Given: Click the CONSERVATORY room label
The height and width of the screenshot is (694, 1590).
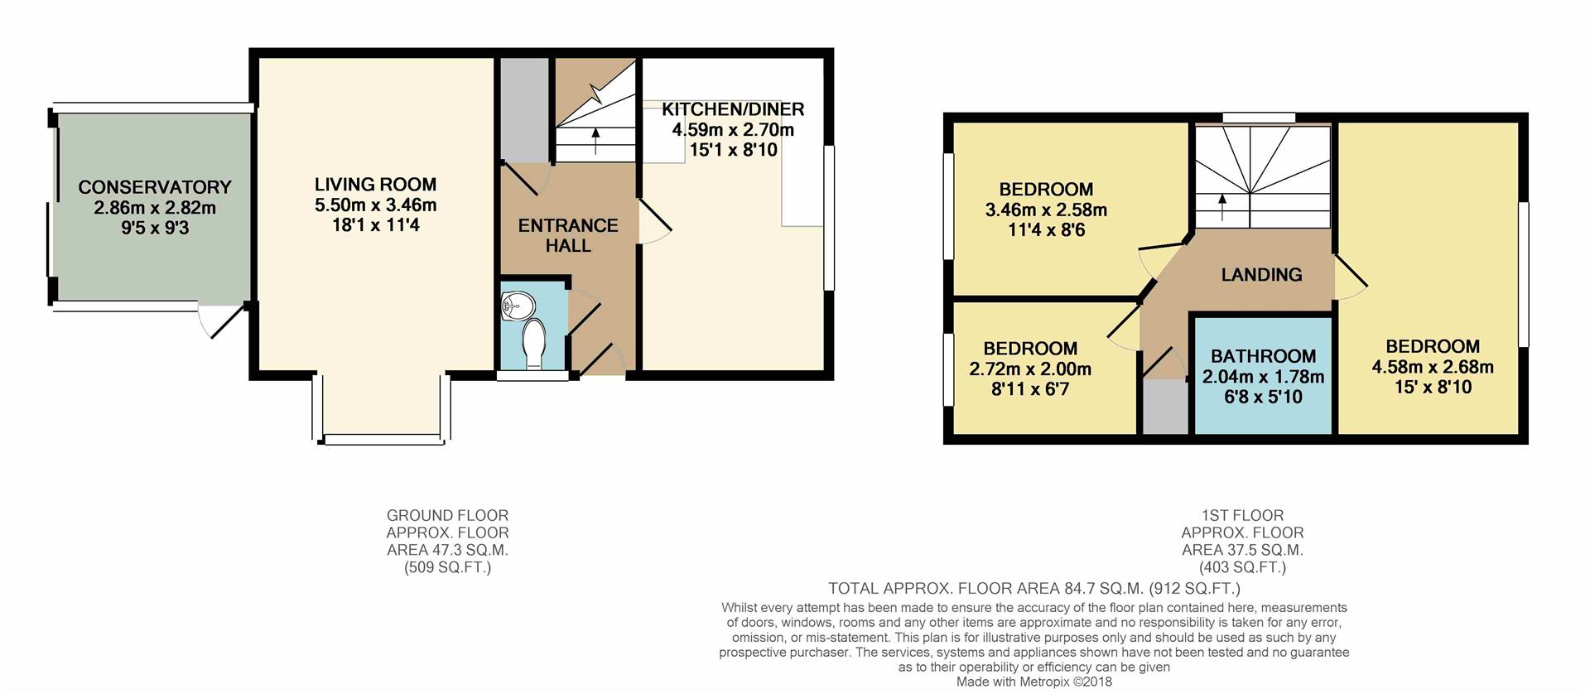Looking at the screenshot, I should coord(154,187).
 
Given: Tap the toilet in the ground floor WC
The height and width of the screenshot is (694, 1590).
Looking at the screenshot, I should coord(534,343).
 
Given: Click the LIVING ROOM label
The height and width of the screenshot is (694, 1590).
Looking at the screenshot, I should coord(375,185).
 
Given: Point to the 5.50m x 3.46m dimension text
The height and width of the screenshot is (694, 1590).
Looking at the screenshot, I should coord(375,205).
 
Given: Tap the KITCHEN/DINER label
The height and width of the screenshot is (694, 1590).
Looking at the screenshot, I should coord(733,109).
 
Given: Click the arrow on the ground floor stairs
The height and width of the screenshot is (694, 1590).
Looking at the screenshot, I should coord(595,141).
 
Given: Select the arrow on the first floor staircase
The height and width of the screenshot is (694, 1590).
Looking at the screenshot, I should coord(1222,207).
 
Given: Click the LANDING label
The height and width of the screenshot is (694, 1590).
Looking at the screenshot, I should coord(1261,275).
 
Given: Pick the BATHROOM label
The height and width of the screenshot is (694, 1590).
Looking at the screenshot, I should coord(1263,356).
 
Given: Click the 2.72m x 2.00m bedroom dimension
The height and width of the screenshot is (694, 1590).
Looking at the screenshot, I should coord(1030,369).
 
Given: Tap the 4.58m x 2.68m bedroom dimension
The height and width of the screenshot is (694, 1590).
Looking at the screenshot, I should coord(1433,367).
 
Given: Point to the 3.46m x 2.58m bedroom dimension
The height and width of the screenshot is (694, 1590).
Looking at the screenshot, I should coord(1046,210).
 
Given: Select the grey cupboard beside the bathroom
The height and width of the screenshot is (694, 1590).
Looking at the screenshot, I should coord(1165,406).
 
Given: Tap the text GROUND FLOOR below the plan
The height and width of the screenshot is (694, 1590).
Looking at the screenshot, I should coord(447,515).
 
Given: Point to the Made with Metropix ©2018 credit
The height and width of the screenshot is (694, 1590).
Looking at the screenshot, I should coord(1033,682).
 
